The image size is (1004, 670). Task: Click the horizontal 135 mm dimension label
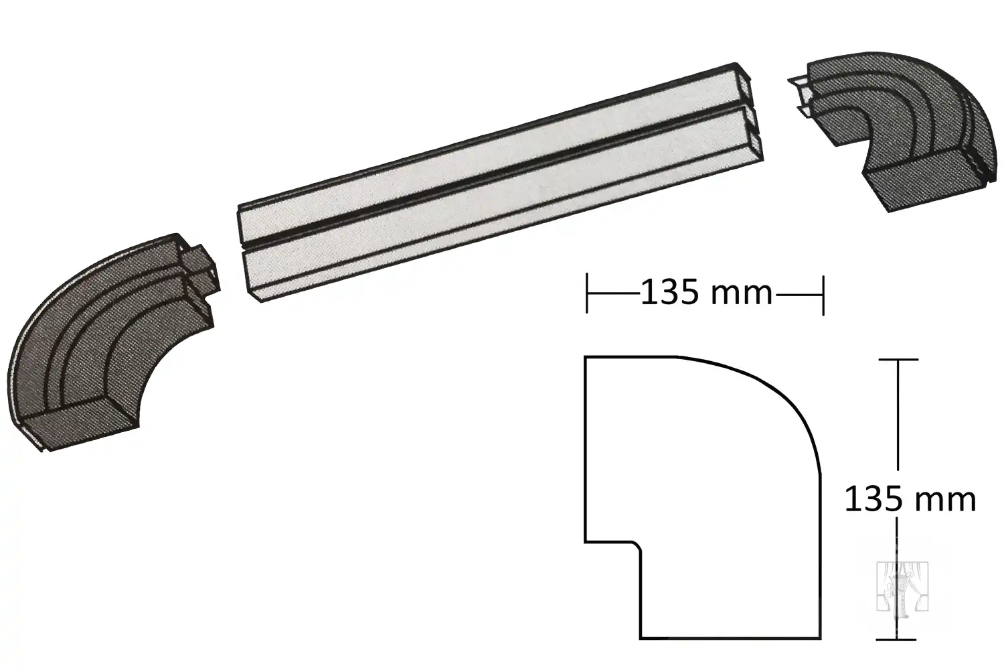click(x=707, y=293)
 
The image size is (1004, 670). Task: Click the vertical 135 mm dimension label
click(x=910, y=499)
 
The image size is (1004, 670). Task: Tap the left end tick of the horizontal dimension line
click(x=587, y=294)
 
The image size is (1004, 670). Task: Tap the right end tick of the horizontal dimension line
click(x=823, y=295)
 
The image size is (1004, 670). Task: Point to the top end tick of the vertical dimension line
click(x=898, y=360)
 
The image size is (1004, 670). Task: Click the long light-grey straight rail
click(x=500, y=182)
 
